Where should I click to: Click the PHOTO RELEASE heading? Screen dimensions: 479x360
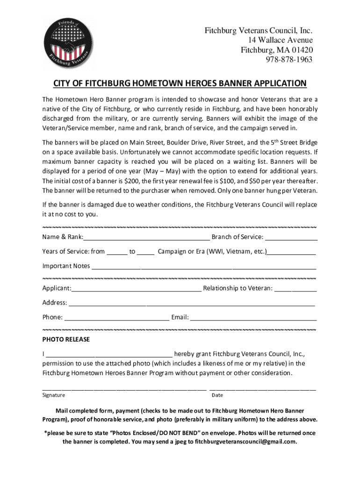click(66, 339)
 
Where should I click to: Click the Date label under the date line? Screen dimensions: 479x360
click(217, 395)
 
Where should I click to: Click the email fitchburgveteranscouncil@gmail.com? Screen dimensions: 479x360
click(245, 442)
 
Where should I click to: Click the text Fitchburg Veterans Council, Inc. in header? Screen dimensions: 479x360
click(259, 31)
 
